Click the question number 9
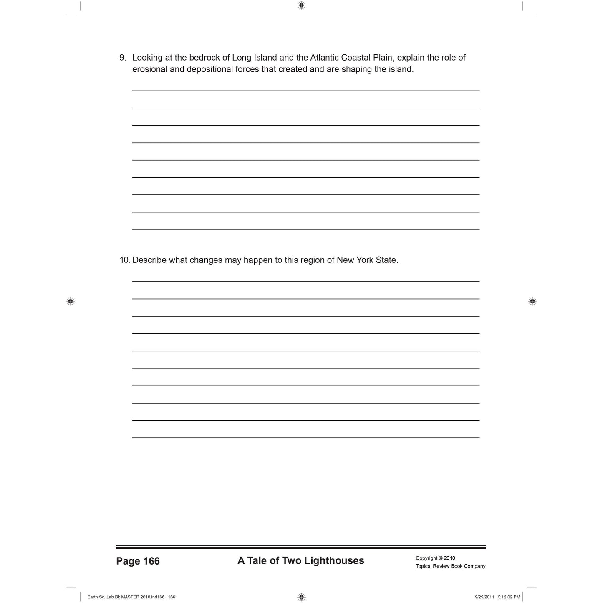(122, 58)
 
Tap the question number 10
(124, 260)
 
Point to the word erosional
(150, 69)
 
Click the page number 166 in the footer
(151, 561)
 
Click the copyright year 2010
(449, 558)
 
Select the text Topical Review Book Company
(450, 566)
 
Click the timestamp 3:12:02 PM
(509, 597)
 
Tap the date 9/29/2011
(484, 597)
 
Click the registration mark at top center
(301, 5)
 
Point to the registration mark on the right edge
(532, 301)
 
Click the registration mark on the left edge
(71, 301)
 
